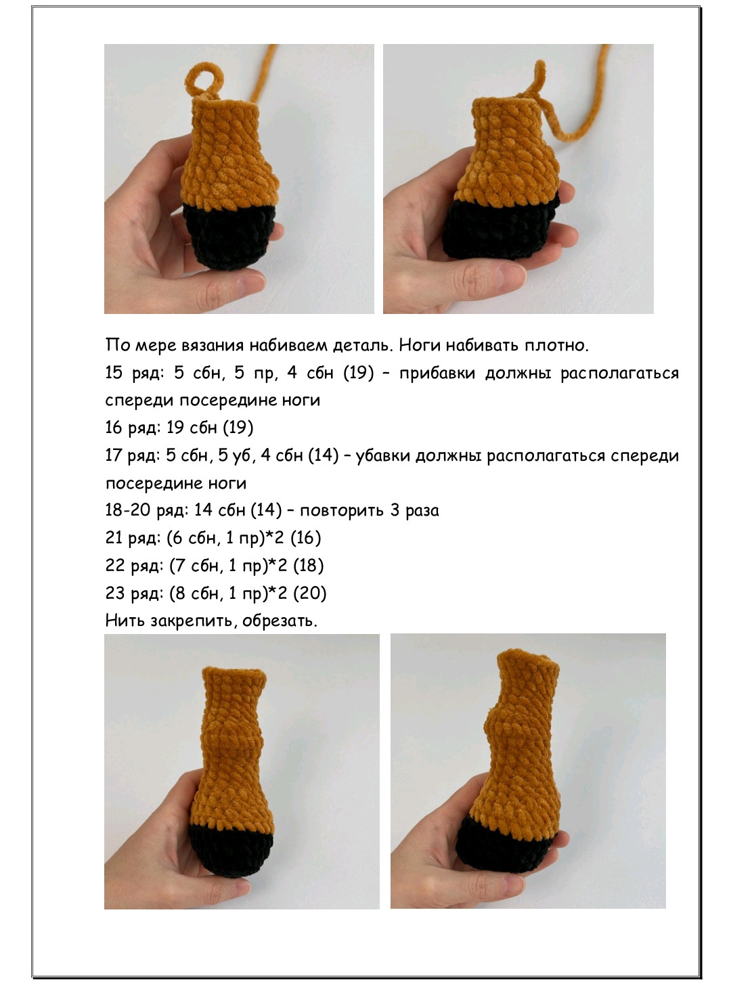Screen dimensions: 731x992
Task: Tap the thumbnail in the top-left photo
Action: pyautogui.click(x=251, y=281)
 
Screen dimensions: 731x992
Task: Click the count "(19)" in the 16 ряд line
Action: pyautogui.click(x=238, y=428)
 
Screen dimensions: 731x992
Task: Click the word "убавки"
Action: pyautogui.click(x=383, y=455)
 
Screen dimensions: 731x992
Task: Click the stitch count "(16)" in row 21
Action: pyautogui.click(x=306, y=538)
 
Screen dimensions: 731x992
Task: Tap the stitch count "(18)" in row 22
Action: pyautogui.click(x=309, y=566)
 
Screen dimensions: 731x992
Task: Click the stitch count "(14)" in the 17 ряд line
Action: pyautogui.click(x=324, y=455)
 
